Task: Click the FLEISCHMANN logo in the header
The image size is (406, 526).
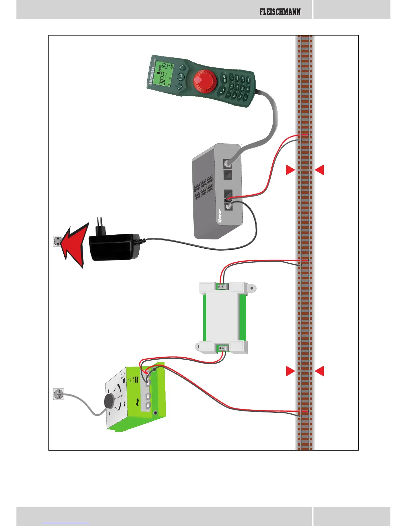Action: pyautogui.click(x=280, y=12)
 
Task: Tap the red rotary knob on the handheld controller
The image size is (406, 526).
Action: pyautogui.click(x=205, y=81)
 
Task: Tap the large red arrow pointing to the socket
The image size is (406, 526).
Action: pyautogui.click(x=75, y=244)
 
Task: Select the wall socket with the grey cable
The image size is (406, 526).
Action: pyautogui.click(x=58, y=394)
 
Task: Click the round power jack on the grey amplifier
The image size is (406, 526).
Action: pyautogui.click(x=228, y=206)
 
